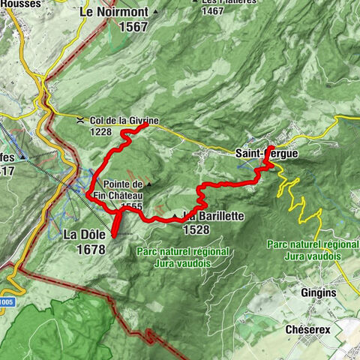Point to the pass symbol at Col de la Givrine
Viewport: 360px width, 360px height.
[x=80, y=118]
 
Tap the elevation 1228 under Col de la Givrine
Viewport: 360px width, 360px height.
[x=106, y=131]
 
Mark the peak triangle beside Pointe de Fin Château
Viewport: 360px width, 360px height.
[x=148, y=184]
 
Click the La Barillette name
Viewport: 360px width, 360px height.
[x=214, y=216]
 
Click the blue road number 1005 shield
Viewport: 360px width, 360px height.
[x=7, y=300]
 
